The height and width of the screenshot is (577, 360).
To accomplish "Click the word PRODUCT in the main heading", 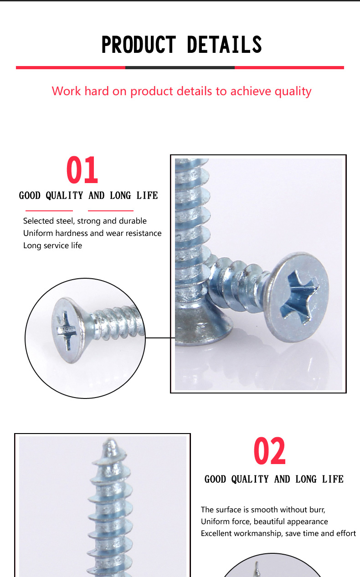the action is point(139,45).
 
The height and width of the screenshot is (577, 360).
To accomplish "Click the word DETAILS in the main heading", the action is point(224,45).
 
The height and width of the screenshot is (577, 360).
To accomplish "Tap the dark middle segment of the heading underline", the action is point(180,67).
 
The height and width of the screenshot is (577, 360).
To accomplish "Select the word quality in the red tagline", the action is point(293,92).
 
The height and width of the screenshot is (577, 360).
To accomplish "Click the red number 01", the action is point(82,170).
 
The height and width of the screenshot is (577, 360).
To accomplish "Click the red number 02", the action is point(270,451).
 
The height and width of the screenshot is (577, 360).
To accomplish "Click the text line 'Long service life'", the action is point(52,245).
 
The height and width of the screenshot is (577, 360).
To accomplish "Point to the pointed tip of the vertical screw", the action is point(111,440).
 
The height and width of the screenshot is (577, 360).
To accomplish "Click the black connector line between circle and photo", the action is point(160,338).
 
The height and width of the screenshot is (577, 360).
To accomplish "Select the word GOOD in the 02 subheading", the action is point(215,480).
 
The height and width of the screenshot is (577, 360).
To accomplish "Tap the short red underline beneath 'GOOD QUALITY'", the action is point(49,211).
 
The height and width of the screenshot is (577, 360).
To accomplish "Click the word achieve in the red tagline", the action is point(251,91).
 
